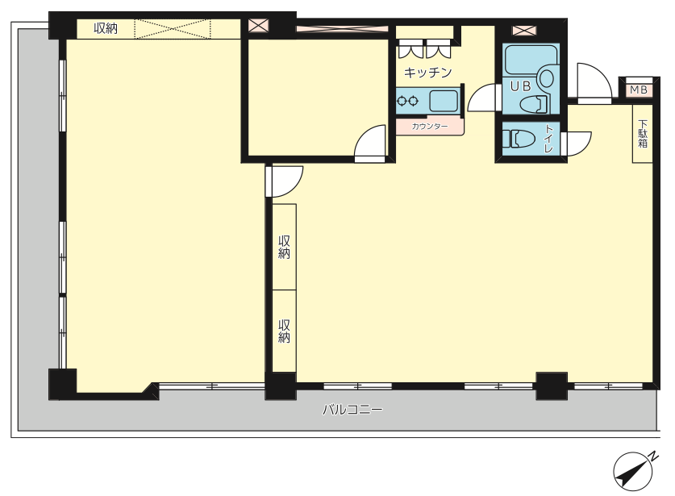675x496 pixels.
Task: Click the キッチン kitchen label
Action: (x=427, y=73)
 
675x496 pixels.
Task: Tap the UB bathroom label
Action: (x=520, y=86)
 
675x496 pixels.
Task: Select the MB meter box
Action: (x=639, y=90)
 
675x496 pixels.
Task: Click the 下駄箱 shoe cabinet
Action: (x=642, y=134)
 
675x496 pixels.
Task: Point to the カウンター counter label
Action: (x=430, y=127)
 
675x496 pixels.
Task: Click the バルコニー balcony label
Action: (x=352, y=410)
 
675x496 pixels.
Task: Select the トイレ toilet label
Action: (x=549, y=138)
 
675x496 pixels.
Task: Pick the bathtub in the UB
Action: (x=531, y=59)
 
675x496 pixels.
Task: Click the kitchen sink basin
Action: (x=444, y=102)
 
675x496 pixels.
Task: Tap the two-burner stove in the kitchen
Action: (x=408, y=101)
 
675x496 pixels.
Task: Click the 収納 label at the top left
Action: (x=106, y=29)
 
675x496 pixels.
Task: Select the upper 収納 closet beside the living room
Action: (x=284, y=247)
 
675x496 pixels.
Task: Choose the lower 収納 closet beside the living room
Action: (x=284, y=331)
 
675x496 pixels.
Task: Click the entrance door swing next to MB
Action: (x=594, y=83)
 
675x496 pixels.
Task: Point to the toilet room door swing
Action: (x=576, y=144)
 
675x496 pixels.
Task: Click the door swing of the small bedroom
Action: (x=370, y=144)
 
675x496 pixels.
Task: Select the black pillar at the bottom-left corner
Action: (x=62, y=384)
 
